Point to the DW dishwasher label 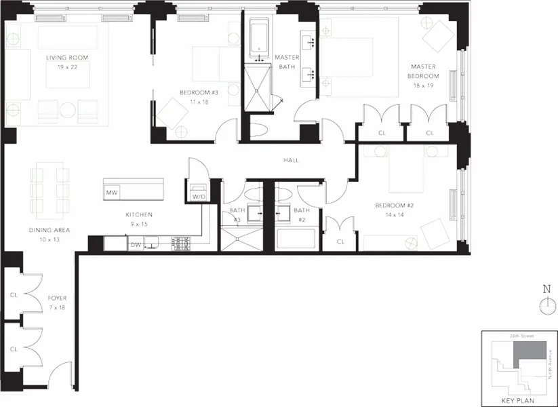[x=136, y=245]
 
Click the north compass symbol [x=546, y=306]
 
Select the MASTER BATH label [x=287, y=62]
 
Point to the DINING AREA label [x=49, y=230]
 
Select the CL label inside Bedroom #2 [x=340, y=241]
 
